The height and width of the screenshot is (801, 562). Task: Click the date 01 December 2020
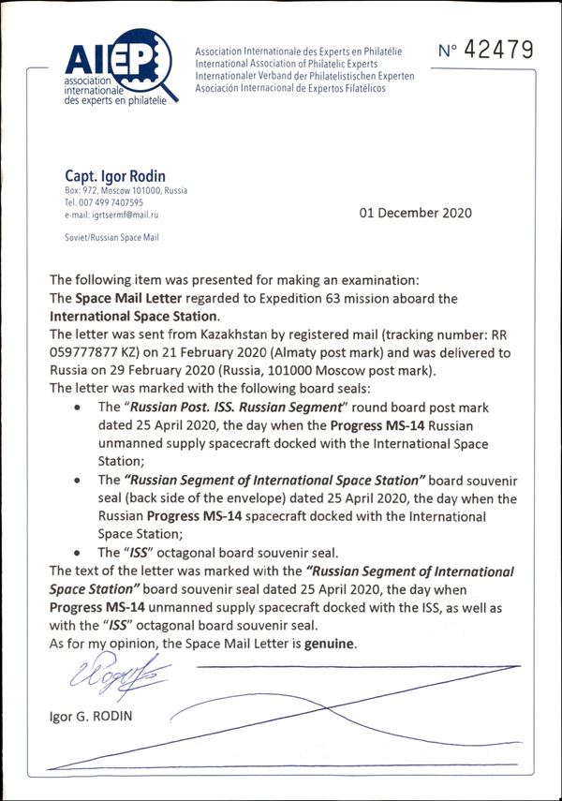(x=416, y=213)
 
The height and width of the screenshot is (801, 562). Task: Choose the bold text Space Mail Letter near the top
(x=136, y=299)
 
